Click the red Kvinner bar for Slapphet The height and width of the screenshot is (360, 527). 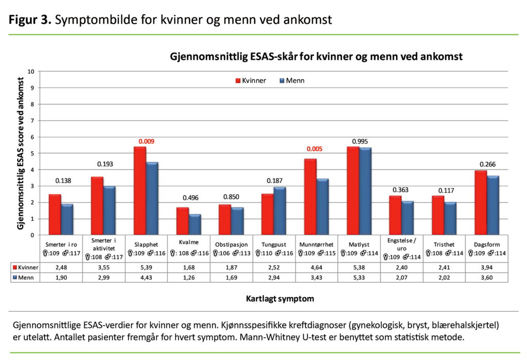click(140, 191)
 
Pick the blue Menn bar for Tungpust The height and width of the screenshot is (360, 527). click(280, 211)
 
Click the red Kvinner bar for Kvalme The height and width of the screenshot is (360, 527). click(182, 221)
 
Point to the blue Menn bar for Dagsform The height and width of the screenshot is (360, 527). click(493, 205)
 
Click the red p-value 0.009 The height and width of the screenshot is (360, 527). click(146, 141)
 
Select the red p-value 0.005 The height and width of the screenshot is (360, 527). click(315, 149)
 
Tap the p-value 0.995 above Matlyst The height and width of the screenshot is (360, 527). click(358, 141)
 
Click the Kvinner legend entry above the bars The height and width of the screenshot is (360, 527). click(251, 81)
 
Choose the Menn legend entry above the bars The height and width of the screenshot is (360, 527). click(294, 81)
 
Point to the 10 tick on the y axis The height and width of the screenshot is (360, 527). click(31, 71)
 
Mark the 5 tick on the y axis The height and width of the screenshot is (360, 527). click(33, 153)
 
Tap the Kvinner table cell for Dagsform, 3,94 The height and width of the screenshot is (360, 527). click(486, 268)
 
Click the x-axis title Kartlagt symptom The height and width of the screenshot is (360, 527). click(273, 298)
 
